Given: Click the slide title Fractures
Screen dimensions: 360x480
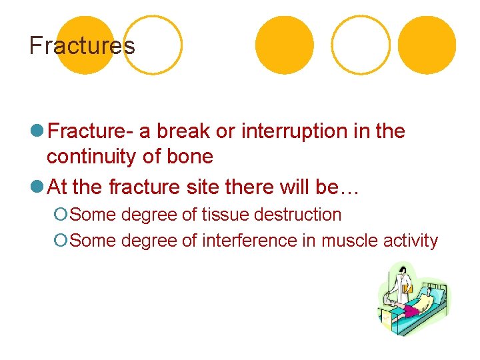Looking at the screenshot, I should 82,46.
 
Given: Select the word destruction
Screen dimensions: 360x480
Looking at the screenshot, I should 297,215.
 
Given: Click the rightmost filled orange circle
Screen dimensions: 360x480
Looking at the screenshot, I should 427,45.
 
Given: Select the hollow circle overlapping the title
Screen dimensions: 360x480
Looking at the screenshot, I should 153,45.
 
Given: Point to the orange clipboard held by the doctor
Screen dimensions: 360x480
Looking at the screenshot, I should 407,289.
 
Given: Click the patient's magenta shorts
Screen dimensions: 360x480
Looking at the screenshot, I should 409,310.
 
